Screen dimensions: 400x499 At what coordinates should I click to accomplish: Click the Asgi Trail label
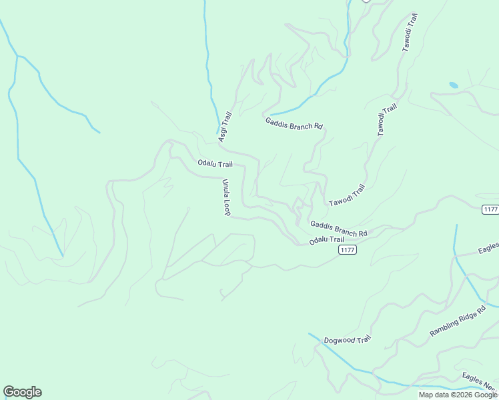pyautogui.click(x=224, y=127)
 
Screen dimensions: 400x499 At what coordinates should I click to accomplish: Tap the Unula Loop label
pyautogui.click(x=226, y=197)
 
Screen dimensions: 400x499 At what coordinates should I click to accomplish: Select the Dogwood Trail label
pyautogui.click(x=347, y=340)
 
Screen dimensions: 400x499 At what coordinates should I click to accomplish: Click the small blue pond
pyautogui.click(x=454, y=85)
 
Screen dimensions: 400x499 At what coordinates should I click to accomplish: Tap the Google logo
pyautogui.click(x=22, y=392)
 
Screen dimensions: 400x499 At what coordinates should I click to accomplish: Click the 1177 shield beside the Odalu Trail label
pyautogui.click(x=347, y=250)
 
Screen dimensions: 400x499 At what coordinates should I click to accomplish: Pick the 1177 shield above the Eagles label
pyautogui.click(x=490, y=209)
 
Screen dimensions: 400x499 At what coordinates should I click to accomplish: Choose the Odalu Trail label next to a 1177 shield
pyautogui.click(x=326, y=240)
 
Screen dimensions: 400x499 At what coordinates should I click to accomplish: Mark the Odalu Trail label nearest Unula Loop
pyautogui.click(x=215, y=164)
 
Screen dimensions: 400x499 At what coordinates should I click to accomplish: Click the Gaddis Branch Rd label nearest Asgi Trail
pyautogui.click(x=294, y=123)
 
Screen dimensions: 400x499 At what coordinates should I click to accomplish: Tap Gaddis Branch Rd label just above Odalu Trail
pyautogui.click(x=339, y=229)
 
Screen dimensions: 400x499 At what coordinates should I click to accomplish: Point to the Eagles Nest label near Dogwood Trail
pyautogui.click(x=480, y=381)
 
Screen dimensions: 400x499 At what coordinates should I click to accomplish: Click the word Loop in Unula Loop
pyautogui.click(x=227, y=207)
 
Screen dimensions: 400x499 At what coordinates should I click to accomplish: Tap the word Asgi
pyautogui.click(x=222, y=133)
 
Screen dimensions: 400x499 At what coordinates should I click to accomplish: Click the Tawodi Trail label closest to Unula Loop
pyautogui.click(x=347, y=195)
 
